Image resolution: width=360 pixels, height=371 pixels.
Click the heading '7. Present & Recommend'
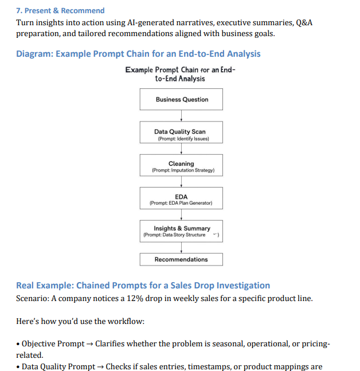point(61,10)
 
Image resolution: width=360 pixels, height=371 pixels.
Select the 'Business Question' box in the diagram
point(181,99)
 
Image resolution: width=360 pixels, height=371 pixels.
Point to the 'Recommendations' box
point(181,259)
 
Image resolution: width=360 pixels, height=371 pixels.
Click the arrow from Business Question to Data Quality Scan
point(181,116)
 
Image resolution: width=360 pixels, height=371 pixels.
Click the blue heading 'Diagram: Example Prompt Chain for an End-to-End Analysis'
point(138,54)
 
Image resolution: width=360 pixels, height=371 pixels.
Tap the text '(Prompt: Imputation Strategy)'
point(182,171)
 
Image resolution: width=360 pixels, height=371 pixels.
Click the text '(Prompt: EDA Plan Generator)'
point(181,204)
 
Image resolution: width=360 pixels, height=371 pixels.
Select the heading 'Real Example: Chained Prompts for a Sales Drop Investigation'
point(143,286)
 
